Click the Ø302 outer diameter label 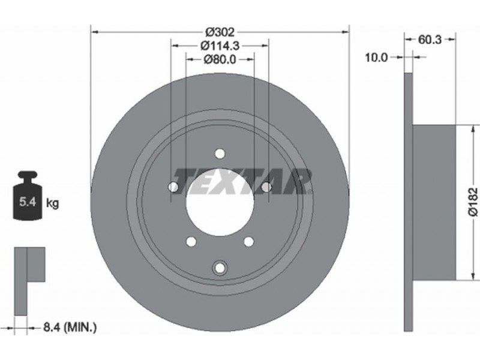coord(220,32)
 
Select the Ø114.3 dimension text coord(220,46)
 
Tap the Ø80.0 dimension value coord(220,59)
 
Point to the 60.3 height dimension coord(430,40)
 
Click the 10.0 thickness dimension coord(376,57)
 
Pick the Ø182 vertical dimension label coord(473,202)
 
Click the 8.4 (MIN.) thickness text coord(70,328)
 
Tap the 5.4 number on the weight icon coord(28,202)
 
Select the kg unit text coord(52,203)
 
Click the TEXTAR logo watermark coord(242,182)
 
